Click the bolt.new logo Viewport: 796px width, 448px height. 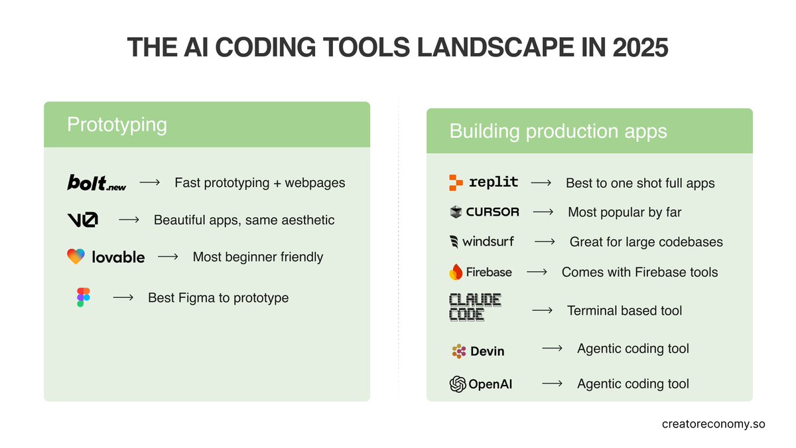tap(97, 183)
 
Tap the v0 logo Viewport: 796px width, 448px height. tap(83, 220)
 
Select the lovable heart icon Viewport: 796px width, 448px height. tap(76, 257)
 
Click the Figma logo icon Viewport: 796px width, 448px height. tap(83, 297)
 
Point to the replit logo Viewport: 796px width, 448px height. tap(484, 183)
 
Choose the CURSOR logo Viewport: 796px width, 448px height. tap(484, 212)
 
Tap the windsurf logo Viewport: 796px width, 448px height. tap(482, 242)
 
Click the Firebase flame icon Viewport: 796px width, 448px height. tap(456, 271)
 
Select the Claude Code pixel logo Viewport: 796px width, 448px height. tap(475, 308)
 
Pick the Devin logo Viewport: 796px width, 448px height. tap(478, 351)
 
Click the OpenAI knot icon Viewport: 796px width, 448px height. tap(458, 384)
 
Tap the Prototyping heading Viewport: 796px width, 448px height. tap(117, 124)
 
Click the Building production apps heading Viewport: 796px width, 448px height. tap(558, 131)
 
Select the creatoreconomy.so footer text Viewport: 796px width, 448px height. tap(713, 423)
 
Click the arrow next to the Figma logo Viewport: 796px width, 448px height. tap(123, 298)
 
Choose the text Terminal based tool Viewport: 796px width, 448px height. tap(624, 310)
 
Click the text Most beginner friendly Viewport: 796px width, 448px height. tap(257, 257)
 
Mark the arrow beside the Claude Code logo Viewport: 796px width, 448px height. tap(542, 310)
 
